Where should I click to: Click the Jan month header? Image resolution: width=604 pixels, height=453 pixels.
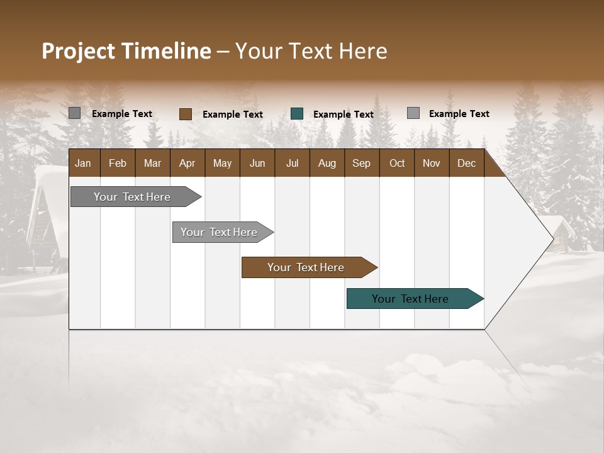point(83,163)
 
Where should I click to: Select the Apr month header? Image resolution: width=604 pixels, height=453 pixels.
point(187,163)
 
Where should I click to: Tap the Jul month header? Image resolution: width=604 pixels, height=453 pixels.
point(292,163)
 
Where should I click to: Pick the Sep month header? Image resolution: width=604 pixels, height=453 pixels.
point(361,163)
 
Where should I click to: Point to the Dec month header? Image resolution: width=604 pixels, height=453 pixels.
point(466,163)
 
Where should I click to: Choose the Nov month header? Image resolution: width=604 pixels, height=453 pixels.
point(431,163)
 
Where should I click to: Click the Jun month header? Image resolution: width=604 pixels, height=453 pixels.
point(257,163)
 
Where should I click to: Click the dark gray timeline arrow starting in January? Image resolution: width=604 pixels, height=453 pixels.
point(132,197)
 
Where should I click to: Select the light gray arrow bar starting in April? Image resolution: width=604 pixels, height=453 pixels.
point(219,232)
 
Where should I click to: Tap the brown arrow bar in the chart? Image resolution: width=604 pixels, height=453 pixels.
point(306,267)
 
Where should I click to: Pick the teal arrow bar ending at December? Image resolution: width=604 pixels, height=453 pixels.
point(410,299)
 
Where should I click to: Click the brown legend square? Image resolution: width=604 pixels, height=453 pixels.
point(185,114)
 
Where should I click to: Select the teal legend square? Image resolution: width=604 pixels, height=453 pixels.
point(297,114)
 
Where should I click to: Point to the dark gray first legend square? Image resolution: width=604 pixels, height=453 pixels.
point(74,113)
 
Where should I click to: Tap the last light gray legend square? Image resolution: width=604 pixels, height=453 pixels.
point(413,113)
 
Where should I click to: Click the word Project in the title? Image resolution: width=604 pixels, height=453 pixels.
point(79,51)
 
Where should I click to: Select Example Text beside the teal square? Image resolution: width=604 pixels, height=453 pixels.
point(343,114)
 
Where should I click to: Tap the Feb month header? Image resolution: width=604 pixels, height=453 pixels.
point(117,163)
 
